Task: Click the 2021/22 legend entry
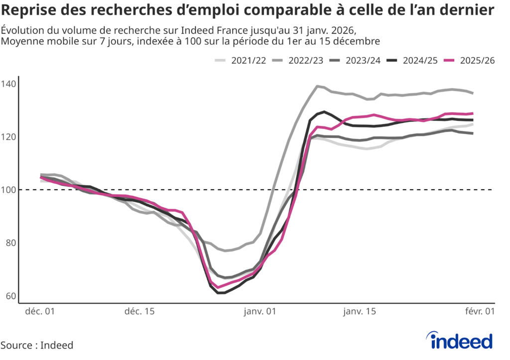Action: tap(241, 60)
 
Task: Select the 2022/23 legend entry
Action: tap(298, 60)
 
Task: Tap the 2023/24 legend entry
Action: tap(355, 60)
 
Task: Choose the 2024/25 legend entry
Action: tap(412, 60)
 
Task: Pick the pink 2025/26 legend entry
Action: tap(470, 60)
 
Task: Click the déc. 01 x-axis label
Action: tap(40, 312)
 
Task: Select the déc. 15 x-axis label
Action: tap(139, 312)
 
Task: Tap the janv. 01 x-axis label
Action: tap(259, 312)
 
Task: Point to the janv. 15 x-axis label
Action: tap(360, 312)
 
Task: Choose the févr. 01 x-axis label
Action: tap(480, 312)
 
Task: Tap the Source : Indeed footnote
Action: tap(37, 345)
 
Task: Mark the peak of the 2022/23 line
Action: tap(317, 86)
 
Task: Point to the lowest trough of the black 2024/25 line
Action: tap(221, 293)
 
